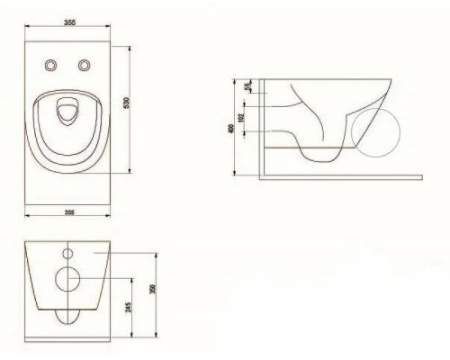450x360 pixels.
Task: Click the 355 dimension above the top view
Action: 70,22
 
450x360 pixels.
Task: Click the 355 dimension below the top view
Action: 69,212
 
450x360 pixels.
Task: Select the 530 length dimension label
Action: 126,103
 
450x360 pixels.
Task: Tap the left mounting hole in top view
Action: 51,65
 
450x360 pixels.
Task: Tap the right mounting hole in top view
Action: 85,65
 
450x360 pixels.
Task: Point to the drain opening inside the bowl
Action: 67,112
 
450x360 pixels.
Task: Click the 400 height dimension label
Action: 231,129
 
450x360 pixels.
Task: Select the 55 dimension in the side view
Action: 247,86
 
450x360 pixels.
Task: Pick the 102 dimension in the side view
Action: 242,117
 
